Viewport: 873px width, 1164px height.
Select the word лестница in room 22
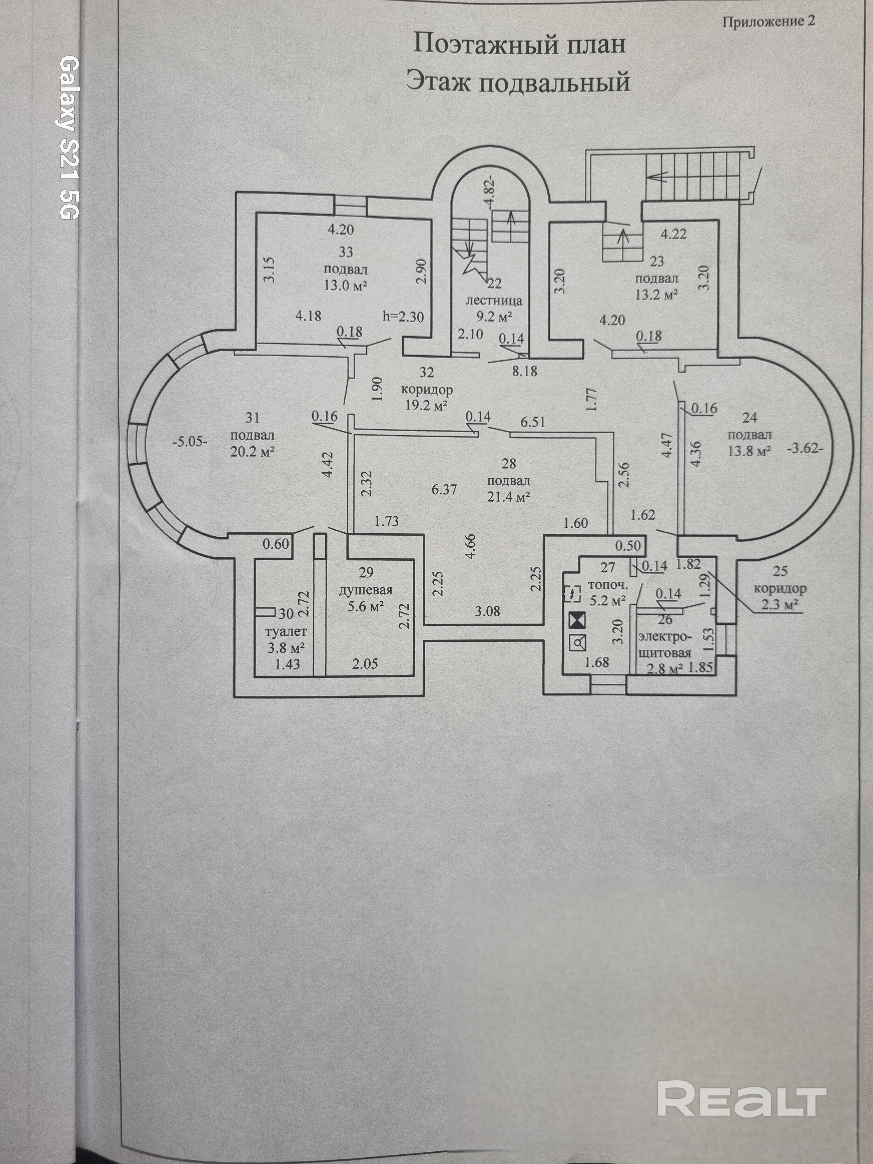494,301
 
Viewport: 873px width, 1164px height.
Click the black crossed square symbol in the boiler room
578,621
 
